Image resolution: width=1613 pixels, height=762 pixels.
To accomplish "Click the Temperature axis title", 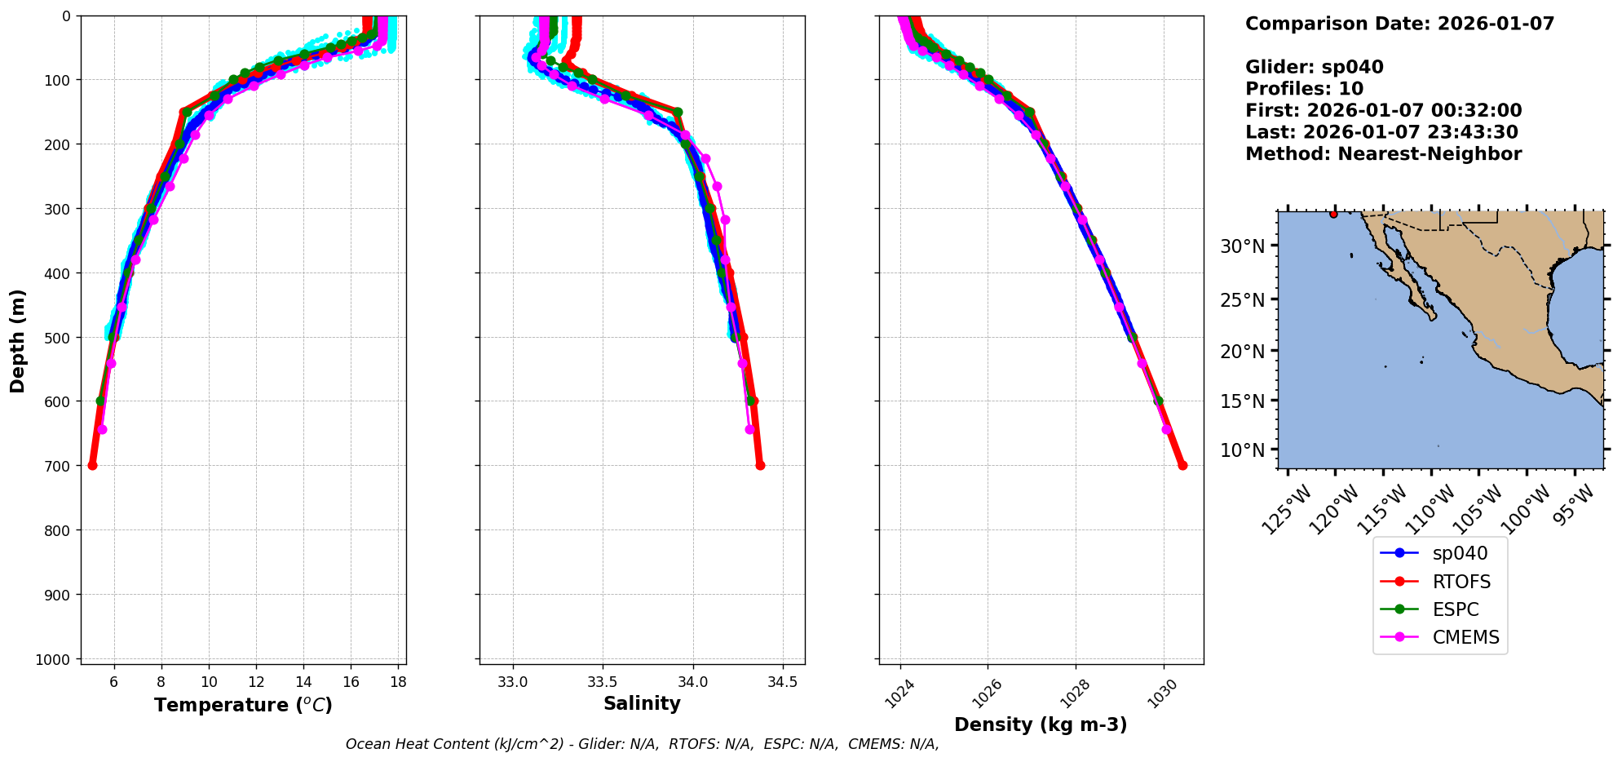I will point(243,705).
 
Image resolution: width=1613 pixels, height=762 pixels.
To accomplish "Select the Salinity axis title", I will point(642,703).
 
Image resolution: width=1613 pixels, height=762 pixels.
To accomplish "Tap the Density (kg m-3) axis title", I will point(1041,724).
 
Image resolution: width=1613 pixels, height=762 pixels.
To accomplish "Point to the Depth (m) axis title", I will point(18,340).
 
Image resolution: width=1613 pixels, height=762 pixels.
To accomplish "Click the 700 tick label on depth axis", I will point(58,466).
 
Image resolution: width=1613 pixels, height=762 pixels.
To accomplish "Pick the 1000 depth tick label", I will point(53,659).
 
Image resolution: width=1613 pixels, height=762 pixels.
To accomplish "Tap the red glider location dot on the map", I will point(1333,214).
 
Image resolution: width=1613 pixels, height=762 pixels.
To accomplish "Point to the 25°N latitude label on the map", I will point(1242,300).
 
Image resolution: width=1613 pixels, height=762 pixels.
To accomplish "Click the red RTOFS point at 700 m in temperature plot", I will point(92,465).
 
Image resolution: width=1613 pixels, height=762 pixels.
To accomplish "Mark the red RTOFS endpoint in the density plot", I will point(1182,465).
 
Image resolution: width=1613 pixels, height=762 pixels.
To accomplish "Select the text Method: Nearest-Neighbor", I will point(1383,154).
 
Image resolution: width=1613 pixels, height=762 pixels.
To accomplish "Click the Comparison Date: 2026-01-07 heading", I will point(1399,24).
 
